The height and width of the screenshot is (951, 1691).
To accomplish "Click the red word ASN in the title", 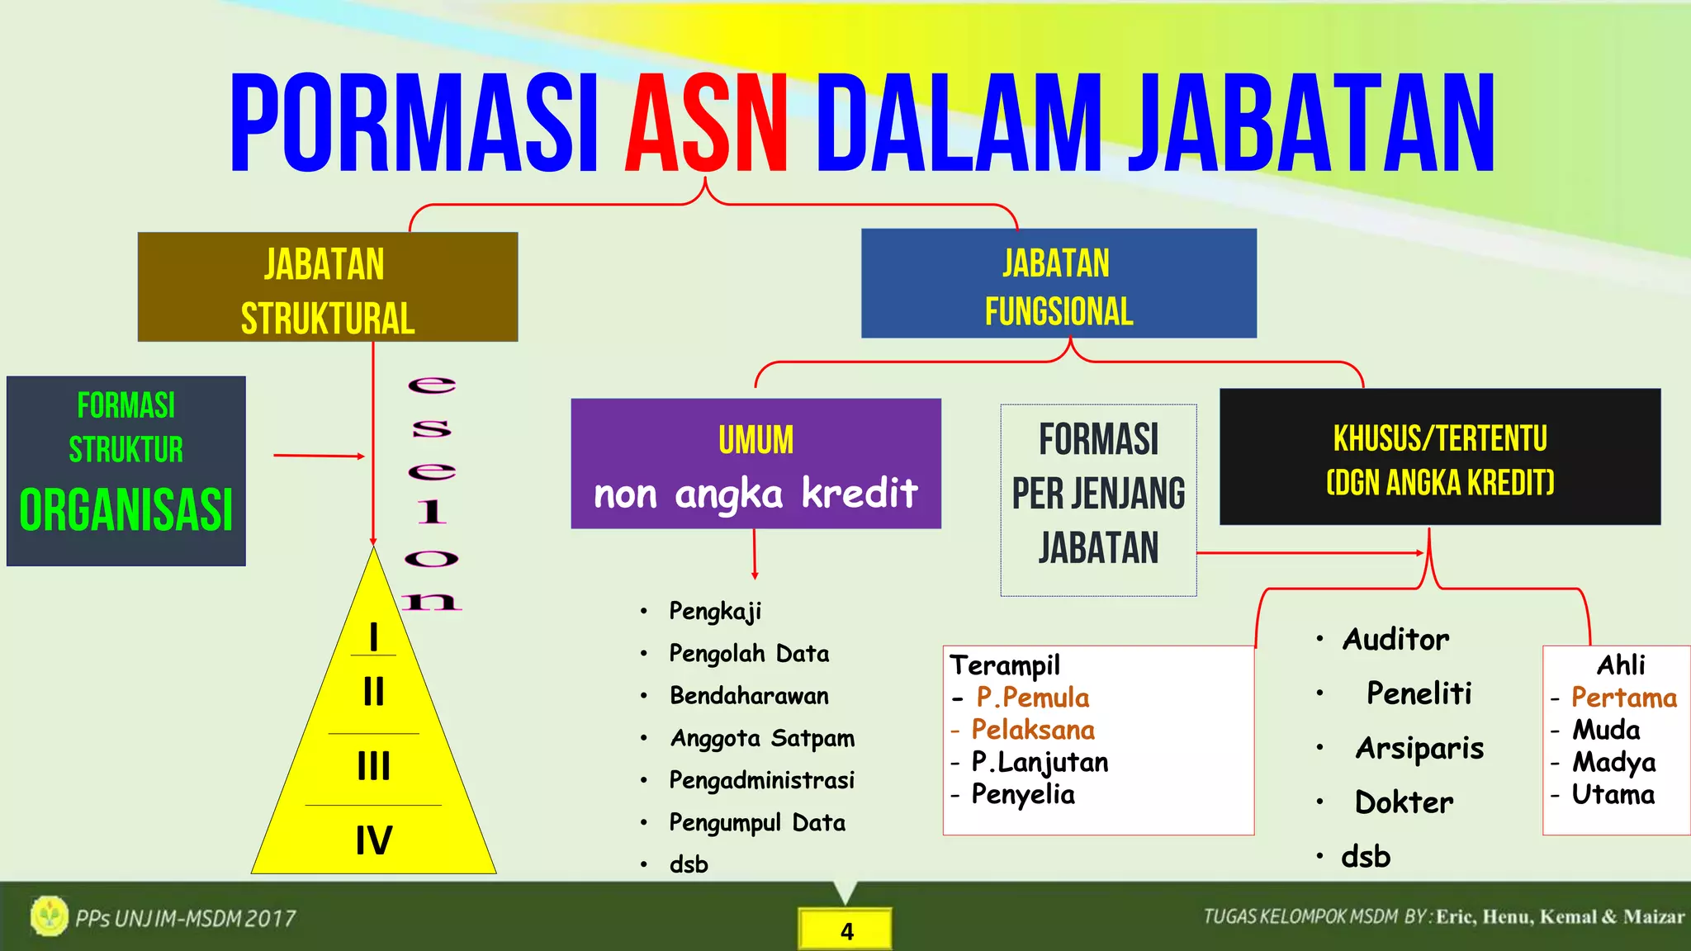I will click(x=706, y=124).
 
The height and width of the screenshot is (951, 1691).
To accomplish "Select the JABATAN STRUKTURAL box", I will click(x=328, y=287).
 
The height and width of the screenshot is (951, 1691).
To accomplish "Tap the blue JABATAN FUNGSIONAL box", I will click(x=1059, y=284).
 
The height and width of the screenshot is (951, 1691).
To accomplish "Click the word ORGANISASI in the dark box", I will click(x=126, y=510).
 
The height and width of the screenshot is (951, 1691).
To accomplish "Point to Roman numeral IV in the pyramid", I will click(x=374, y=840).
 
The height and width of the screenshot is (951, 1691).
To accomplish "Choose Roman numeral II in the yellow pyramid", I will click(x=374, y=691).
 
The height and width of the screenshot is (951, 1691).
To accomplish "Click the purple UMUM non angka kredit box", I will click(x=756, y=464).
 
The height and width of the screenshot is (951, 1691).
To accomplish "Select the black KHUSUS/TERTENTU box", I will click(x=1439, y=457).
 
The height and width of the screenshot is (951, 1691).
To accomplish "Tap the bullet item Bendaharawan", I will click(x=749, y=696).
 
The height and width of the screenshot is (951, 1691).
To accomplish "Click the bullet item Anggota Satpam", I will click(x=762, y=738).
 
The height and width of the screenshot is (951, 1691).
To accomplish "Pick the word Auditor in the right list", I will click(x=1395, y=640).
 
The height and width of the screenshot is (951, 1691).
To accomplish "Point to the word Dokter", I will click(x=1404, y=802).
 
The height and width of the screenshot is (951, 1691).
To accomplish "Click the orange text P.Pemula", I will click(x=1032, y=698).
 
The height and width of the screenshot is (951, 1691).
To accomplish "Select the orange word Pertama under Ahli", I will click(x=1623, y=698).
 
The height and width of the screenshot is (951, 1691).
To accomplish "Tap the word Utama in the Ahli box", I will click(x=1613, y=795).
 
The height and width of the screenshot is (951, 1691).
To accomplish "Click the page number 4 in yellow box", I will click(x=846, y=931).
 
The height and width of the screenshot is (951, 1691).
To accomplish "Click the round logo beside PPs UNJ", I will click(x=50, y=916).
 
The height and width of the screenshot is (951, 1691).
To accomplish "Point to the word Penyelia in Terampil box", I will click(x=1023, y=795).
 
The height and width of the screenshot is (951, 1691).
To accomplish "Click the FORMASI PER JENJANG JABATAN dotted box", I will click(x=1098, y=500).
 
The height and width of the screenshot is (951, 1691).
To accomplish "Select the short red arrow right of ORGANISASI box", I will click(x=319, y=456).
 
